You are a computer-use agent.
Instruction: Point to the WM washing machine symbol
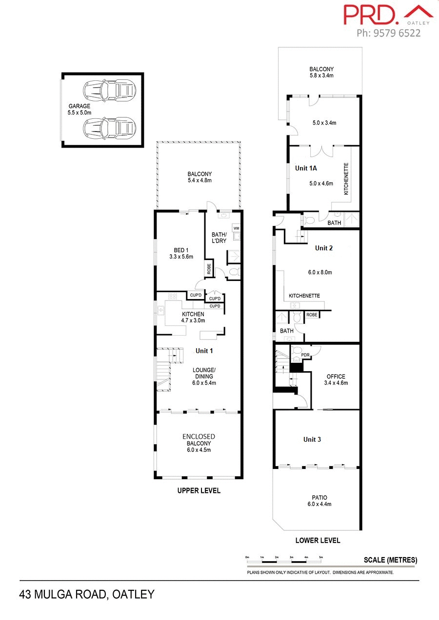click(236, 228)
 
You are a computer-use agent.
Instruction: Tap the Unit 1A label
click(306, 168)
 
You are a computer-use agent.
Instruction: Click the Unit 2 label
click(324, 248)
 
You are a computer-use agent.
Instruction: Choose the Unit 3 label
click(312, 439)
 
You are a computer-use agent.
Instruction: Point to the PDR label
click(305, 355)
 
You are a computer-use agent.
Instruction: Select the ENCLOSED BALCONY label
click(199, 440)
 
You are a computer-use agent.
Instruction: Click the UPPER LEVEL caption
click(199, 490)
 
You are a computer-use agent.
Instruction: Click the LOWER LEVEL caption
click(318, 540)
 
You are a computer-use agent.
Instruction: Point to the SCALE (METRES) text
click(390, 560)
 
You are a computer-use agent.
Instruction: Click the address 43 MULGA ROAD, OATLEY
click(87, 594)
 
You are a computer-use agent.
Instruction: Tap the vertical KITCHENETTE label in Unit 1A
click(346, 179)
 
